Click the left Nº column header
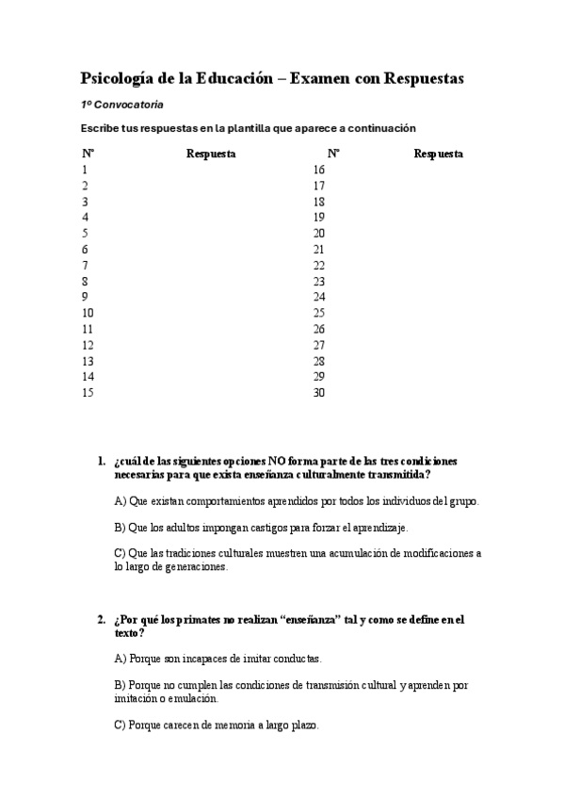point(88,154)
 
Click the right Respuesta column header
point(438,154)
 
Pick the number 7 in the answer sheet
point(85,265)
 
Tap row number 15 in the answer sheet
point(88,393)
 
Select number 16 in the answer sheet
point(318,170)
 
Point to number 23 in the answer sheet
point(318,282)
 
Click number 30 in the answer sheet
point(318,393)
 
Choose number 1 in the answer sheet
point(85,170)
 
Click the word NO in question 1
point(278,462)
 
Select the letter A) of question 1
point(120,501)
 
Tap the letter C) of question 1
point(120,554)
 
